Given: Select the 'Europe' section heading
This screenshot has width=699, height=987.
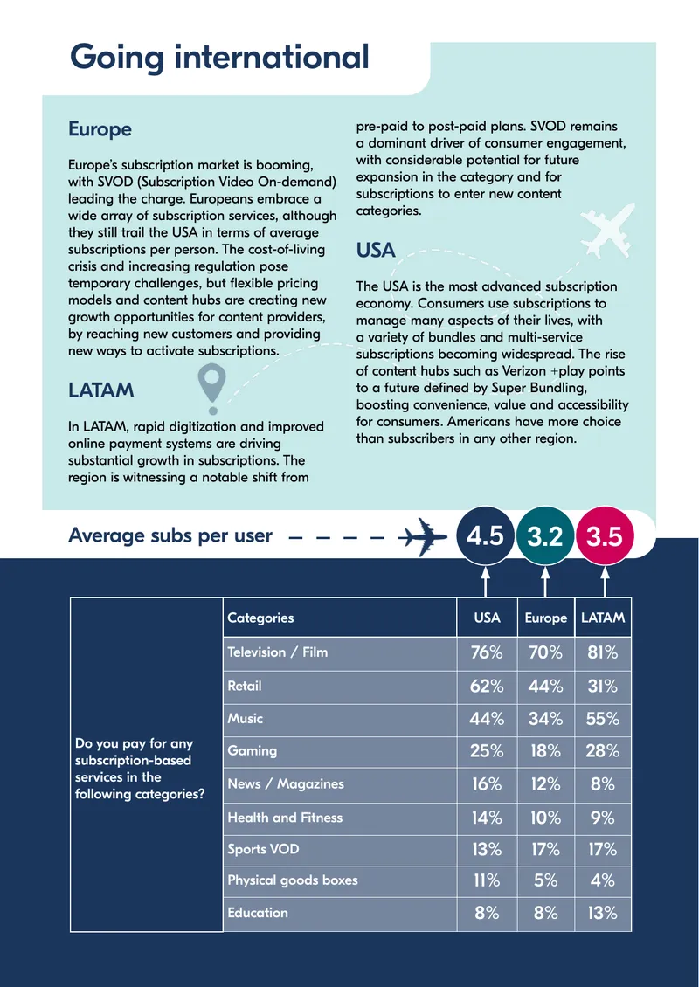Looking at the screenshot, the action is (100, 129).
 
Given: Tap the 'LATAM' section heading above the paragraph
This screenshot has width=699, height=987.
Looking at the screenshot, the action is (100, 390).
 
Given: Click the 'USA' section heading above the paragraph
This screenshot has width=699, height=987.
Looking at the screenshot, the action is (376, 251).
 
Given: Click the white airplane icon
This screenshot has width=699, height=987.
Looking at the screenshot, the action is (607, 230).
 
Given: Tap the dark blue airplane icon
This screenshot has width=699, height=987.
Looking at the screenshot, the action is (423, 536).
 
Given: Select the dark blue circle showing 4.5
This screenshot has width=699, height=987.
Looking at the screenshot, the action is (485, 537).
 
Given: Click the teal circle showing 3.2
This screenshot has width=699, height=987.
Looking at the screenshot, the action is (544, 537).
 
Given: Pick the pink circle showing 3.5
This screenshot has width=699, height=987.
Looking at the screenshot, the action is (605, 537).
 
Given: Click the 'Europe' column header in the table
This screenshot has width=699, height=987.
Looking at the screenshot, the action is (546, 618).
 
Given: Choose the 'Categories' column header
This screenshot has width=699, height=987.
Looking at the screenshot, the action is (260, 618).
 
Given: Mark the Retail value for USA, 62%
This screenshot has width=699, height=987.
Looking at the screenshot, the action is (487, 686).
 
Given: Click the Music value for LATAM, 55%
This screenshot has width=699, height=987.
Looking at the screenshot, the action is (603, 718).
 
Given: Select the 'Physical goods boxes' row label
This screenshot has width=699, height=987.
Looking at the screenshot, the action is (292, 880).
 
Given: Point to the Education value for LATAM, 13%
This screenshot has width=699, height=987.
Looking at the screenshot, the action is (603, 913).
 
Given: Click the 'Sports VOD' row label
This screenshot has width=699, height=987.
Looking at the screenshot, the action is (263, 849).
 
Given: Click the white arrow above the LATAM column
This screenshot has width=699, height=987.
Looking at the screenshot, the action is (605, 582).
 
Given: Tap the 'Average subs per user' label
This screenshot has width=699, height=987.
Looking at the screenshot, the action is (170, 535).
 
